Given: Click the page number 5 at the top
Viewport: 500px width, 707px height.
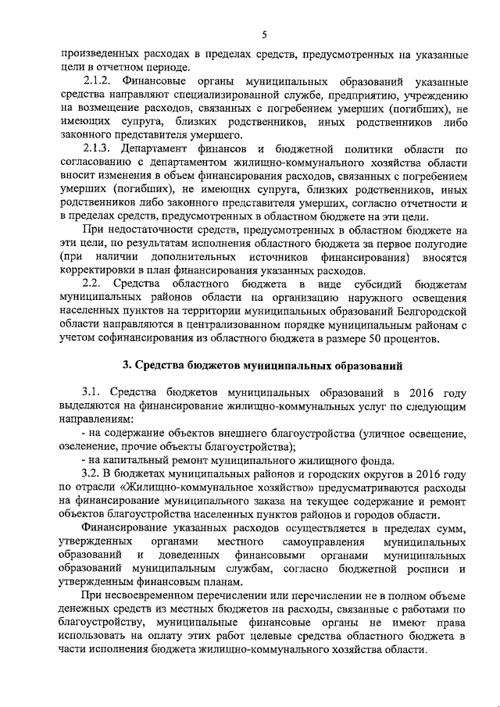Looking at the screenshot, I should click(264, 34).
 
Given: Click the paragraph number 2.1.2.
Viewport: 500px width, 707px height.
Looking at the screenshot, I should click(100, 82).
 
